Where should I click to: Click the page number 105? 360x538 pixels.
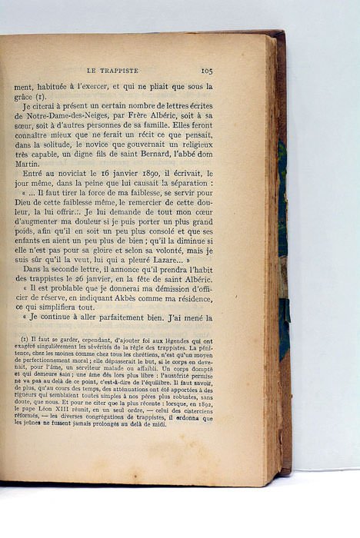pos(206,70)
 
